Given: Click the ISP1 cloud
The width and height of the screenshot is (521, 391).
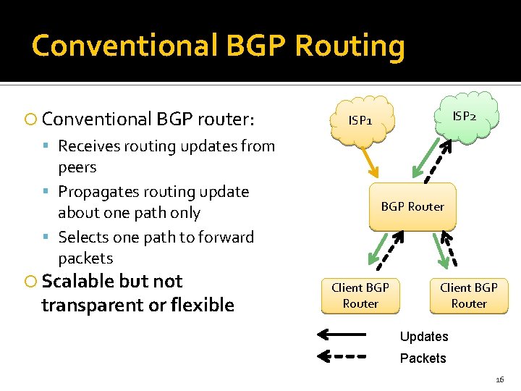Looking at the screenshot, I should coord(360,119).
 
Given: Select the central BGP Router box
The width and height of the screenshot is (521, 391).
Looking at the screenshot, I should coord(412,206).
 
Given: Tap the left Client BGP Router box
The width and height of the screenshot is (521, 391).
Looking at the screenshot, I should coord(360,295).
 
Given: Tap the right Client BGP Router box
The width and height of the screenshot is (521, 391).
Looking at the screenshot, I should coord(469,295).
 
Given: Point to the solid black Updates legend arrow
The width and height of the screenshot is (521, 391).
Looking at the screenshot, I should coord(343,335).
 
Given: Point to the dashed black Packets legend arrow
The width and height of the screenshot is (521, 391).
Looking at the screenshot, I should coord(343,356).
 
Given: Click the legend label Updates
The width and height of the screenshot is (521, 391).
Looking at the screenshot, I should coord(424,337).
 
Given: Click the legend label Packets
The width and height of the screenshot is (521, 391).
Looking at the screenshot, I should coord(423,358).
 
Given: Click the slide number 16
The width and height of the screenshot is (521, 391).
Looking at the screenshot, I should coord(499,379).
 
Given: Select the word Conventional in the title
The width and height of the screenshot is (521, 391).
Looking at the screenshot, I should coord(124,46).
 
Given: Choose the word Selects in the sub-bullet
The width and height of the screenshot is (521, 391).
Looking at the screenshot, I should coord(84,237).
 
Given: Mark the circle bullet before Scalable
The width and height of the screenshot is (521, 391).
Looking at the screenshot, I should coord(30,282).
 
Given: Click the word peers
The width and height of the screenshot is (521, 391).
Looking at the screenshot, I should coord(77,167).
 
